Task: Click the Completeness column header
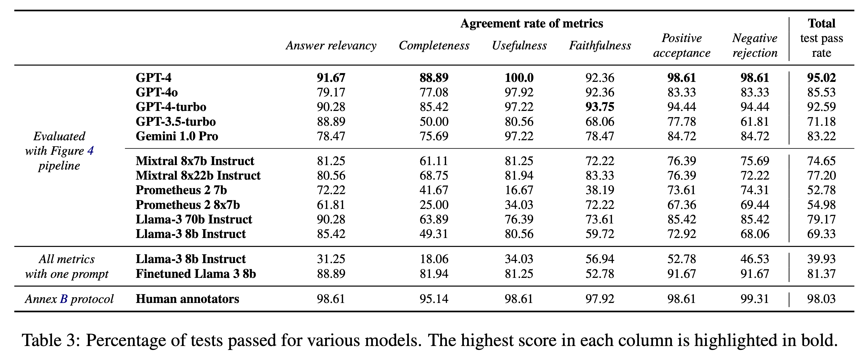tap(434, 45)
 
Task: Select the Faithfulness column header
tap(600, 45)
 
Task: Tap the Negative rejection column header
tap(755, 45)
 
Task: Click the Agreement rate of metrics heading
tap(532, 24)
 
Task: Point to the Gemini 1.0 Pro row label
tap(177, 136)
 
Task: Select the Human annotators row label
tap(187, 299)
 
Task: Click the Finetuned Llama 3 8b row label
tap(196, 274)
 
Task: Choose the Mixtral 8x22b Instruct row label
tap(198, 176)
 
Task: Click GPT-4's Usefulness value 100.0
tap(519, 78)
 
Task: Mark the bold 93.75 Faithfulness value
tap(600, 107)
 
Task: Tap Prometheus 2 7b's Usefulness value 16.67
tap(519, 190)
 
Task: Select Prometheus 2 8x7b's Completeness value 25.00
tap(434, 205)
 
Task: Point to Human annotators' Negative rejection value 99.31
tap(755, 299)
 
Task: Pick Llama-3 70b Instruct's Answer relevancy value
tap(331, 219)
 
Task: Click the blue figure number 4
tap(90, 151)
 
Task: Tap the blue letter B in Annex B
tap(64, 299)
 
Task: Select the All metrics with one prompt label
tap(67, 266)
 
